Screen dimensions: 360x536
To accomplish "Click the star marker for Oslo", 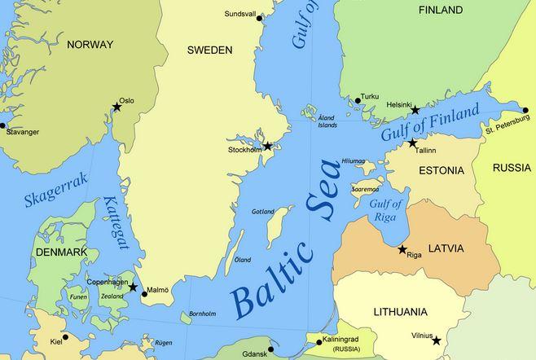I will click(x=117, y=108).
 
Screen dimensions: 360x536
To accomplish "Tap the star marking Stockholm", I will click(x=268, y=147).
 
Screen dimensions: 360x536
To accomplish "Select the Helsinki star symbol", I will click(x=415, y=110).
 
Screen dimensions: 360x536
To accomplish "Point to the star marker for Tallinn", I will click(x=412, y=143).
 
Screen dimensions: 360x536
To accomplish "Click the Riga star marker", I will click(x=402, y=249).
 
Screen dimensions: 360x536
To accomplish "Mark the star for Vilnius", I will click(x=437, y=340).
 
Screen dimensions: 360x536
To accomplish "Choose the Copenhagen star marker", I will click(x=133, y=287).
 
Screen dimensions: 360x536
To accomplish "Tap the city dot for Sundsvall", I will click(x=260, y=18).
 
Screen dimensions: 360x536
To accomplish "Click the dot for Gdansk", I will click(x=270, y=349).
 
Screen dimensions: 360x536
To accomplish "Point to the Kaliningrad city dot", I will click(x=319, y=342).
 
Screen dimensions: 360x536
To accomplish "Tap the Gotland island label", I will click(x=263, y=212).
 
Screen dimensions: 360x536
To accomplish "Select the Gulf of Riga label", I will click(x=386, y=209).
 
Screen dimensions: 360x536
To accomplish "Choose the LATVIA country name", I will click(x=446, y=248).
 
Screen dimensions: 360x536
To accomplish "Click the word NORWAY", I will click(x=90, y=44).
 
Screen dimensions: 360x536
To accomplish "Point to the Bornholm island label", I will click(x=202, y=314).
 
